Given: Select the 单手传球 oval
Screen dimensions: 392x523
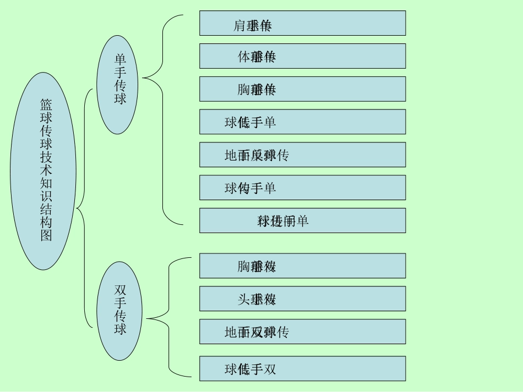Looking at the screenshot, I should [119, 85].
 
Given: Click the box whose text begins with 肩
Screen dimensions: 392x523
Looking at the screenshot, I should [302, 23].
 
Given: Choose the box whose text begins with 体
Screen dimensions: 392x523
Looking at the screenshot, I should [302, 56].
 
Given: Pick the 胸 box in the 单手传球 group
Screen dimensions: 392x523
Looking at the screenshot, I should [302, 89].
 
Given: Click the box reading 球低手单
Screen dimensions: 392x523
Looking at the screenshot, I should [302, 122].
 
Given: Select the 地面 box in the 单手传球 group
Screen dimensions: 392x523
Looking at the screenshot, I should [302, 155].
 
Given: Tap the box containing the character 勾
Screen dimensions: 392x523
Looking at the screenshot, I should [302, 188].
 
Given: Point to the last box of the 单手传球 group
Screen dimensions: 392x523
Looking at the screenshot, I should [302, 220].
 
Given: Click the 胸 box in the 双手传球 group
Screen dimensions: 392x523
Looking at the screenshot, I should [302, 266].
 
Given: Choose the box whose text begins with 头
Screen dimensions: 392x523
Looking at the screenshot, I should [302, 299].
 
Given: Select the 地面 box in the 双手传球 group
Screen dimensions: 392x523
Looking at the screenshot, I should [302, 332].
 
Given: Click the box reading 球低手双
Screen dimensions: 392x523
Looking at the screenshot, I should [302, 368].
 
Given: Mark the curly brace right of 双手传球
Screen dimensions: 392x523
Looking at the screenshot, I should [168, 318].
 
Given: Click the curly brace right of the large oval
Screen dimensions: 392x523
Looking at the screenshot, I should [84, 208].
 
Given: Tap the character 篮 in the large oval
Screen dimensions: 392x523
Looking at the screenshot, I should [46, 103].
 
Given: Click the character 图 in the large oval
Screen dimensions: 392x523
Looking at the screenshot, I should [46, 235].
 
